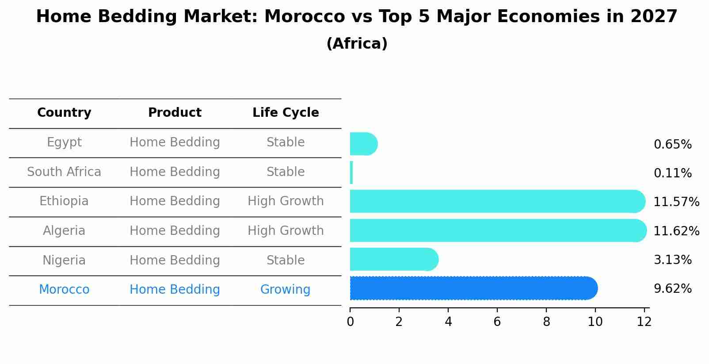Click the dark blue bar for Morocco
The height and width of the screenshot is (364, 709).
473,288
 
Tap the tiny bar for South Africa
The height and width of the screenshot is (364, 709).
351,172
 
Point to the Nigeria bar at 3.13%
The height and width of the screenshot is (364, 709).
393,259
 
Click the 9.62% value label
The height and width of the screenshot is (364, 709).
672,289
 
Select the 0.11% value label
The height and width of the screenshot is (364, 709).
672,173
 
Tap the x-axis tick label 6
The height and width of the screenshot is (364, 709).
497,322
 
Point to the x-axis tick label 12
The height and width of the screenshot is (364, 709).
644,322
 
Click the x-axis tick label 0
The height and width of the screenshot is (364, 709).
350,322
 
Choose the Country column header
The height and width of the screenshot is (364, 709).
64,113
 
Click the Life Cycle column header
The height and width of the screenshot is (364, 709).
286,113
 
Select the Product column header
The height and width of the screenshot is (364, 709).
175,113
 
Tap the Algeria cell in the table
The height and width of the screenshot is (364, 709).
64,231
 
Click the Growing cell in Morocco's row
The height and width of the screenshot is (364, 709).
285,290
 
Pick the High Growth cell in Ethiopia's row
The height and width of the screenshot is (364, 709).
286,201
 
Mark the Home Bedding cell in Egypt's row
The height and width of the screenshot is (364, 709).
175,142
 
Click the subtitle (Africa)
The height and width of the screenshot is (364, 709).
357,44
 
